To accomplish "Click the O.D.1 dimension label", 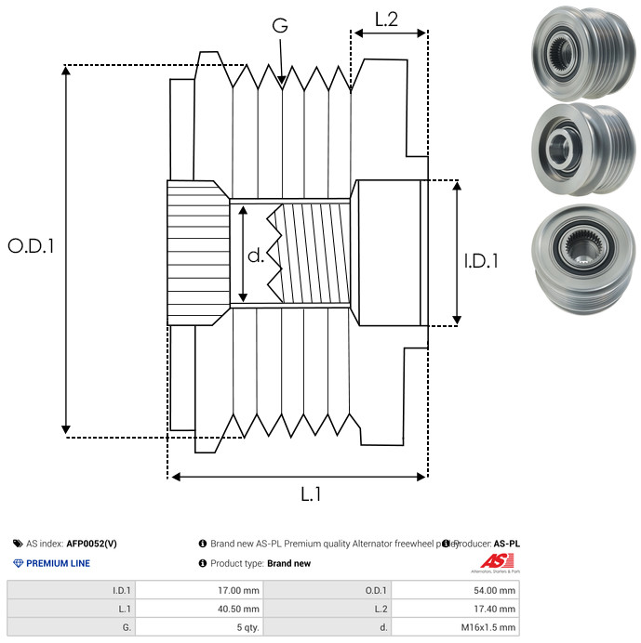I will coord(31,247).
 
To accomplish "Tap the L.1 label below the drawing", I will coord(311,495).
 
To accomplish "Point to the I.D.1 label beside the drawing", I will coord(480,262).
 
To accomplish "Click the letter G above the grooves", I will coord(280,26).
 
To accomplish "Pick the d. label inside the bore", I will coord(256,255).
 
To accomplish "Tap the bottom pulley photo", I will coord(578,253).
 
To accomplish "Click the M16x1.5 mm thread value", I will coord(487,627).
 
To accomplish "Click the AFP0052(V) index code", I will coord(91,544).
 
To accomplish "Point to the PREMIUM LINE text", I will coord(58,563).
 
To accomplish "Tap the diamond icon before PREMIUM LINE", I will coord(18,563).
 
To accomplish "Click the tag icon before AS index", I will coord(18,544).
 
